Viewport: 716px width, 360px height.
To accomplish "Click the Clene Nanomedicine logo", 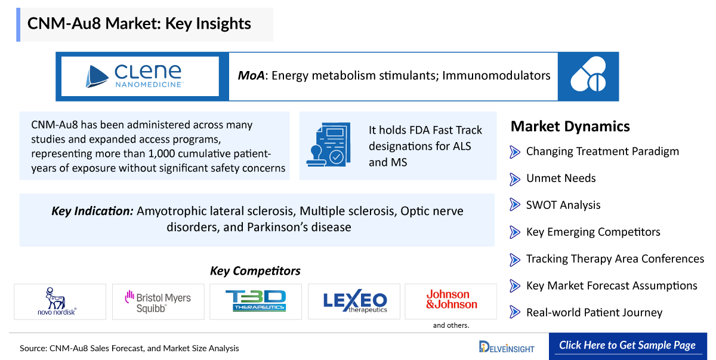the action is click(134, 76).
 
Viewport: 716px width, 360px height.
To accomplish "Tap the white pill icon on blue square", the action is click(588, 74).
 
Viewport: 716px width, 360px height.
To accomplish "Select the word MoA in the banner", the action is click(251, 75).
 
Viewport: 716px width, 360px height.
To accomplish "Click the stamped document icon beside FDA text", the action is click(329, 144).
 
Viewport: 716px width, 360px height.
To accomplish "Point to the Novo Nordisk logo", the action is click(57, 301).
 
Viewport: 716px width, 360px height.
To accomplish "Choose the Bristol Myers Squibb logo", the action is click(158, 301).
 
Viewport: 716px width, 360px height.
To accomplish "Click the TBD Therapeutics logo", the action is click(256, 300).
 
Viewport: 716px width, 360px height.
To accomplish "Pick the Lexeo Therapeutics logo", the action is click(355, 300).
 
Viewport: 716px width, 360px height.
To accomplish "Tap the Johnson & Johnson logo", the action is click(451, 299).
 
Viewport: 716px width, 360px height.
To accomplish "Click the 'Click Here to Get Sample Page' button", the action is click(628, 346).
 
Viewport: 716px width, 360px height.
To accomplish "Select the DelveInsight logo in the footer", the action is click(507, 347).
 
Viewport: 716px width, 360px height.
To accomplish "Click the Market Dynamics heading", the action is click(570, 127).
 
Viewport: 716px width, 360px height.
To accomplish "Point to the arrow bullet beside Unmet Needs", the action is click(514, 179).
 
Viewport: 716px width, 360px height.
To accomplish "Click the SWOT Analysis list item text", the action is click(563, 205).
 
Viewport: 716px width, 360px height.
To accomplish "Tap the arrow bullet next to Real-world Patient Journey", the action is click(514, 312).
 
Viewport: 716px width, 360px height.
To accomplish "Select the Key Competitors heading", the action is click(255, 271).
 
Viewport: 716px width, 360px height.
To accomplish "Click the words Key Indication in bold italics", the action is click(92, 211).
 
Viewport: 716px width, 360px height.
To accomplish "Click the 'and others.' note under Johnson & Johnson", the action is click(451, 325).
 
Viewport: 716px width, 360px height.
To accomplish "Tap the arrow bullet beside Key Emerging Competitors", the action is click(514, 232).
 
